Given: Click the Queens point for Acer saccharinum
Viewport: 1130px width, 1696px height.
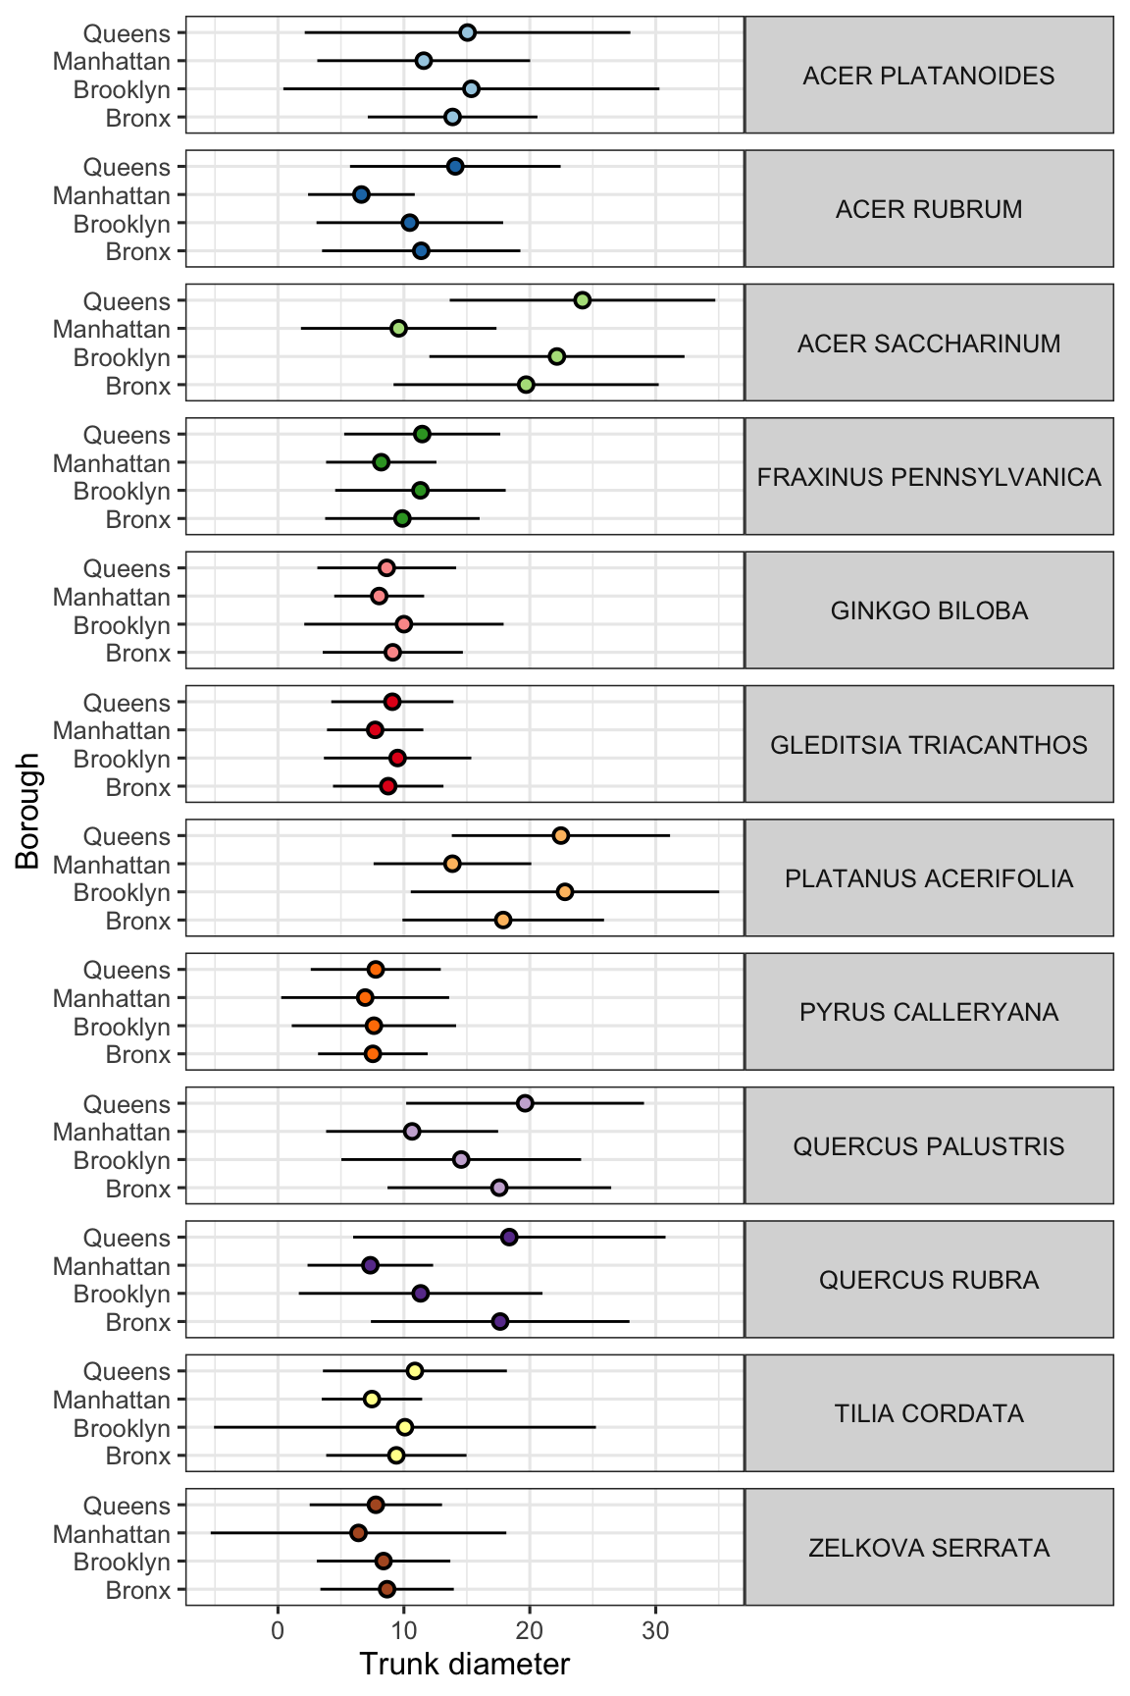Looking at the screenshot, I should click(583, 300).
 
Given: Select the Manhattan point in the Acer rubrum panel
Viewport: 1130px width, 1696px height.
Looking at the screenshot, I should click(361, 194).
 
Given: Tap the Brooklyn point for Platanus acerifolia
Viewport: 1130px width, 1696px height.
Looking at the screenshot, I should click(565, 892).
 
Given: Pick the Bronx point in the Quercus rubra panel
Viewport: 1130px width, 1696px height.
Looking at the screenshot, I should click(500, 1322).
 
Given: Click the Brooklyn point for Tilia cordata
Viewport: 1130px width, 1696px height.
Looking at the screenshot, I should click(404, 1427).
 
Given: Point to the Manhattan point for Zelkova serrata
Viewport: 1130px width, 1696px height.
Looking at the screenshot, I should click(358, 1533).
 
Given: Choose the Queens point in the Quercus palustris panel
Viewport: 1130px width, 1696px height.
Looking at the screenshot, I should click(525, 1103).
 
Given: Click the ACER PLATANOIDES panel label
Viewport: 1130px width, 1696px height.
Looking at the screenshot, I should click(928, 76).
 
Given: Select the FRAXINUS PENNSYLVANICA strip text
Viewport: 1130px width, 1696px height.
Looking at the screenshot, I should click(928, 477).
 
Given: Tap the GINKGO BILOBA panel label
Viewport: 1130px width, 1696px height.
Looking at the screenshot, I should click(928, 610).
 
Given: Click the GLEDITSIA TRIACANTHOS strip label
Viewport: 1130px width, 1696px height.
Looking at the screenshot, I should click(928, 745).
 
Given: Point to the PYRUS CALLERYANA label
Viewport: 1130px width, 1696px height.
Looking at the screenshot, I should click(928, 1012).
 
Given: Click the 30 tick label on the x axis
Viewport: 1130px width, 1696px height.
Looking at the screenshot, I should click(655, 1632).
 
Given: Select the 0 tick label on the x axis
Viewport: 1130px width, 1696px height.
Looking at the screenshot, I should click(278, 1632).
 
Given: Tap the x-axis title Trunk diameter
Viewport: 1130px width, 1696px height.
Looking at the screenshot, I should click(464, 1665).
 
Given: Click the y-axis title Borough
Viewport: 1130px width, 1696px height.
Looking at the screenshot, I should click(28, 811).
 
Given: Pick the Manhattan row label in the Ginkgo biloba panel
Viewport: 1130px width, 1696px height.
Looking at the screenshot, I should click(112, 597).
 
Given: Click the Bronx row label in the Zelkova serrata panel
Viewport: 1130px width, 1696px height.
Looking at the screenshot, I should click(138, 1590).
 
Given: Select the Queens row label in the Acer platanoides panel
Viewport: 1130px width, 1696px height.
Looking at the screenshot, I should click(127, 33).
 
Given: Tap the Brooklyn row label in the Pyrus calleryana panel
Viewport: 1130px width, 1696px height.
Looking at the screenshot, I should click(123, 1027).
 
